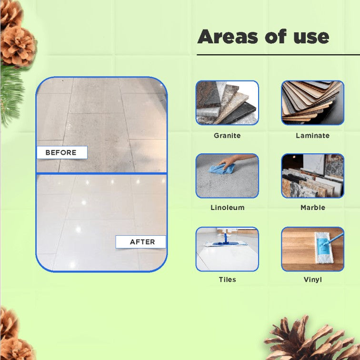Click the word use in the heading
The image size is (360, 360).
(310, 37)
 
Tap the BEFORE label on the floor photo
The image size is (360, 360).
(61, 152)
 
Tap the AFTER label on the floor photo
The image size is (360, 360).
(142, 242)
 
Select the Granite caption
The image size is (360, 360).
(227, 136)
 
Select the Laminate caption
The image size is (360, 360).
(312, 136)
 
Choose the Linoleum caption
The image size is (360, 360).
(227, 208)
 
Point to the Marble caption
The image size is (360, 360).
(312, 208)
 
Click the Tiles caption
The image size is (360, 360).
(227, 280)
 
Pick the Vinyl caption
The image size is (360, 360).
(312, 280)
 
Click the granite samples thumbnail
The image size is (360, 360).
(227, 103)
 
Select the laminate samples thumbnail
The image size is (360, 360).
(312, 103)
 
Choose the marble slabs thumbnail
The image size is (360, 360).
(312, 176)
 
